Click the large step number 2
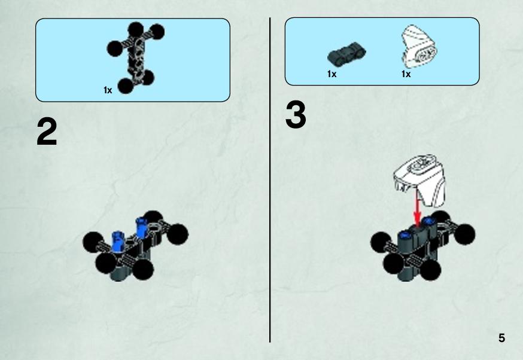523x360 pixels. pos(47,132)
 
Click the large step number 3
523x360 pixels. pos(296,115)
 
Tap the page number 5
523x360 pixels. pos(501,338)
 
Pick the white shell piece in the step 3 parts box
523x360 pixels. pos(419,45)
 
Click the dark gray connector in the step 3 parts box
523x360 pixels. pos(346,53)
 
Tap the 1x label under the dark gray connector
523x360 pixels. pos(332,74)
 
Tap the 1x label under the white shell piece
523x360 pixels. pos(406,74)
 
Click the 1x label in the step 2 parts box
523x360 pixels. pos(108,90)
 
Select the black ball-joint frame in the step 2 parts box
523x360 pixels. pos(135,57)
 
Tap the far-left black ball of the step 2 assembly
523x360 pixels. pos(93,242)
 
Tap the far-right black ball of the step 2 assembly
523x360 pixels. pos(177,234)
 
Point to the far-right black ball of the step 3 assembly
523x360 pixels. pos(464,234)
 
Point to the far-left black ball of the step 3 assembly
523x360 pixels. pos(381,242)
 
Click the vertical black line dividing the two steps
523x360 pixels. pos(270,180)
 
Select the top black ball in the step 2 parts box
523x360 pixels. pos(135,30)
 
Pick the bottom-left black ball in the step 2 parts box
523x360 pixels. pos(126,86)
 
